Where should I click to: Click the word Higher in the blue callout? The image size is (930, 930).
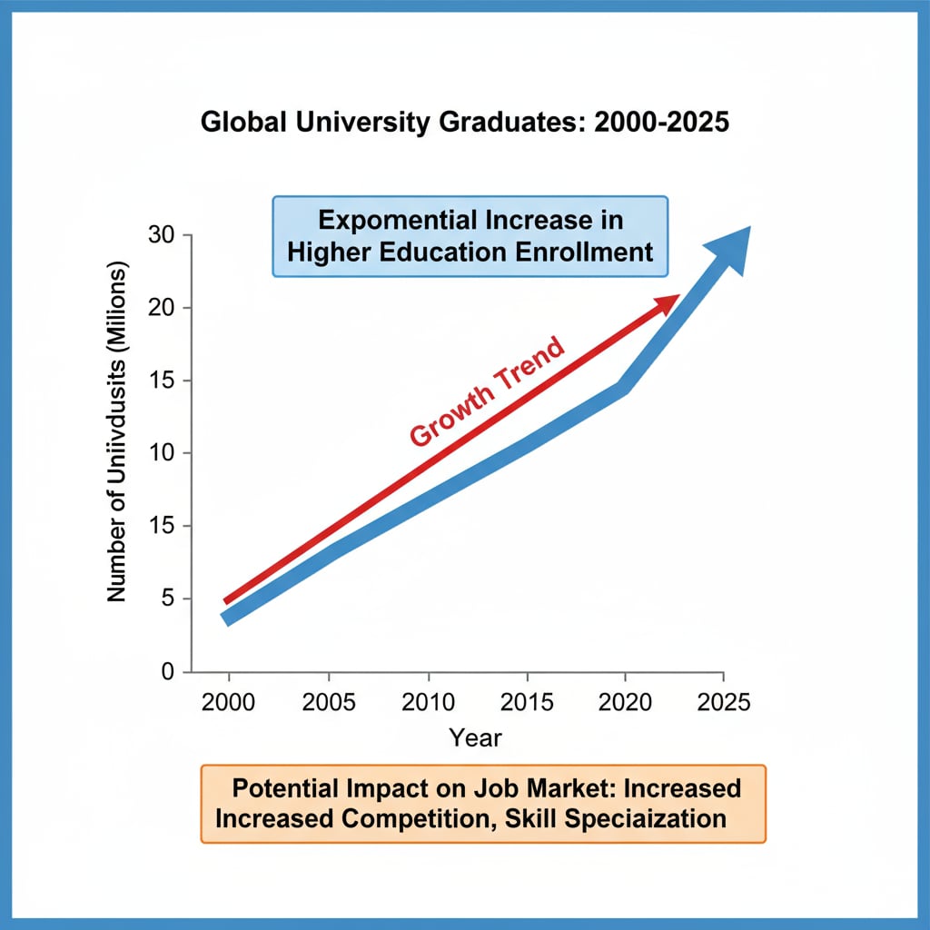pos(328,251)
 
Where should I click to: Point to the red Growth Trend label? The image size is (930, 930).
pos(487,391)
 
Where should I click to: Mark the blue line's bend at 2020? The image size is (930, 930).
pos(622,389)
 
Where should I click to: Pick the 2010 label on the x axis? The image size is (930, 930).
pos(427,703)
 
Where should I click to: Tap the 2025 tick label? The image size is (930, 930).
pos(723,703)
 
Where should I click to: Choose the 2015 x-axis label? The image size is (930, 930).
pos(526,703)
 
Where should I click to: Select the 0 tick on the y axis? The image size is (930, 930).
pos(166,672)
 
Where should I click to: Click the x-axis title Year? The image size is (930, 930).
pos(475,737)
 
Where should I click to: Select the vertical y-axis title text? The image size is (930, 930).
pos(117,431)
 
